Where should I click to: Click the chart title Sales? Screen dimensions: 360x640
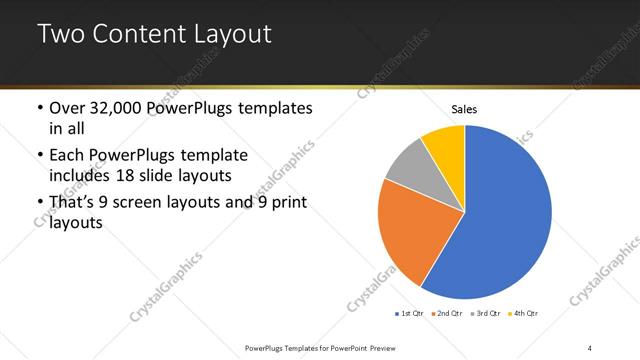pos(464,108)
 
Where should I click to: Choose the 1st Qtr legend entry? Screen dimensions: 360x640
pos(410,314)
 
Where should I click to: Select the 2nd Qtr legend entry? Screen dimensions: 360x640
pos(446,314)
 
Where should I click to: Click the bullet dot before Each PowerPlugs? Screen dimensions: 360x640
pos(39,156)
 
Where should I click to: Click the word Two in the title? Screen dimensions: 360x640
pos(62,34)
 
